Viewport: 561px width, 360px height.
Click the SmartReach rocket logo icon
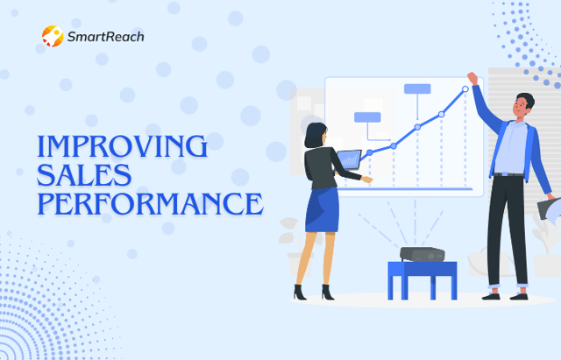tap(53, 36)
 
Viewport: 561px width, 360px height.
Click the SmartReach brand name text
tap(105, 37)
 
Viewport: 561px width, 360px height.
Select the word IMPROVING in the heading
tap(123, 146)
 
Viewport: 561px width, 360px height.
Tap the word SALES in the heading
tap(84, 175)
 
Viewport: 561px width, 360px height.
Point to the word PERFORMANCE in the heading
tap(150, 204)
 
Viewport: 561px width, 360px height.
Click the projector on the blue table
tap(423, 254)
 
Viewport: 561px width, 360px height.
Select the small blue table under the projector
tap(423, 280)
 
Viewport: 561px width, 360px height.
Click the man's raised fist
tap(472, 78)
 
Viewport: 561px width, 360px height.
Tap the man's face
tap(521, 106)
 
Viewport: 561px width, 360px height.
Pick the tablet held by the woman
tap(349, 159)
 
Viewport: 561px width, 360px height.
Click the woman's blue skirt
tap(322, 210)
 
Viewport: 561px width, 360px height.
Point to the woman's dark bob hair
tap(315, 135)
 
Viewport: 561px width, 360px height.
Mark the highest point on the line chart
tap(465, 88)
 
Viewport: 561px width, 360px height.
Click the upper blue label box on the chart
tap(417, 88)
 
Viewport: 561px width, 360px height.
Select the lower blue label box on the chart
tap(367, 117)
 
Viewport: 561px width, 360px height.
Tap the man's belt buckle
tap(504, 174)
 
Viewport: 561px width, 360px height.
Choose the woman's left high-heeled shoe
tap(299, 292)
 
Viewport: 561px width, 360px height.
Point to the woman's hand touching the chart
tap(366, 179)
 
